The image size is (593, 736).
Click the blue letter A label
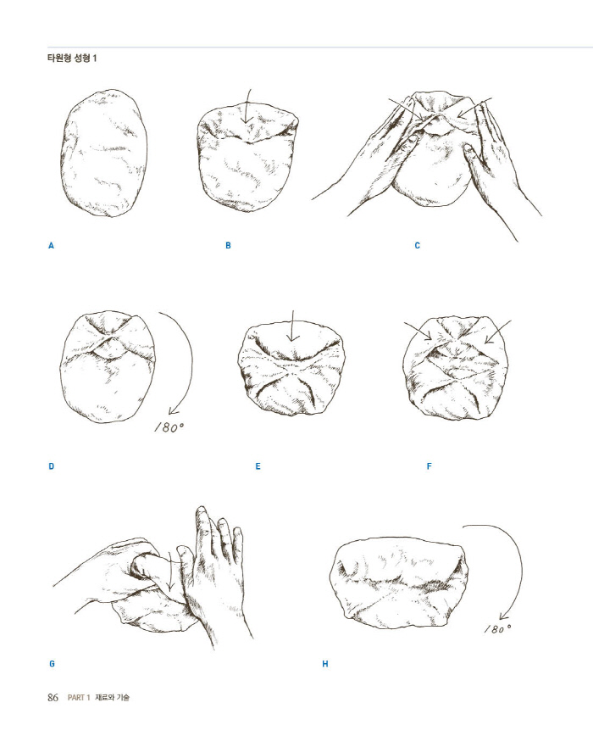click(x=51, y=246)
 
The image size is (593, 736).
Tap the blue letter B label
click(x=228, y=246)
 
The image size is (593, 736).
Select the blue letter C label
click(x=417, y=246)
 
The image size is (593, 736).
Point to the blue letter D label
click(x=51, y=466)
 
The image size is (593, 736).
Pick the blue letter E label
click(x=258, y=466)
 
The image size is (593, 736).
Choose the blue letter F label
click(x=429, y=466)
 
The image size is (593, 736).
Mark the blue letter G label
click(x=52, y=664)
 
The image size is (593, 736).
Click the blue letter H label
click(x=324, y=664)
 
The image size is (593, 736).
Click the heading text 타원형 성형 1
click(x=72, y=59)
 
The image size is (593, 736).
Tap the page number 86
click(x=53, y=698)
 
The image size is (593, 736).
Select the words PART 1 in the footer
click(x=79, y=698)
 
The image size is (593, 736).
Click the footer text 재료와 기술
click(x=112, y=698)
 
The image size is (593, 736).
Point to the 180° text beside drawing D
click(x=169, y=427)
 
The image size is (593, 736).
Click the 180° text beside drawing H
click(x=498, y=628)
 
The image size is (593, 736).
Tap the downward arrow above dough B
click(x=247, y=106)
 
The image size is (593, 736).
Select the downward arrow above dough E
click(x=292, y=326)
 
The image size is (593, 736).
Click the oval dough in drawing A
click(x=104, y=153)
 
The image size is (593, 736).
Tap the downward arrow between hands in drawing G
click(x=169, y=575)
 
